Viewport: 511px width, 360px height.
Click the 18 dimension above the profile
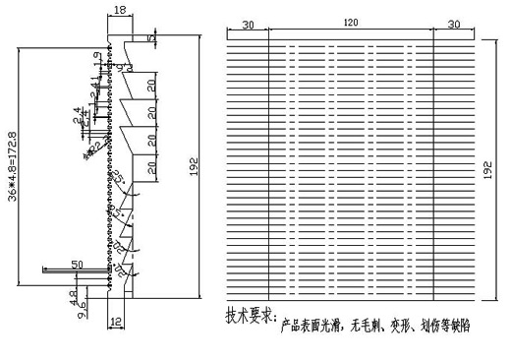(x=120, y=10)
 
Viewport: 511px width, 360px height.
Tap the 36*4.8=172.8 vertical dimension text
(x=12, y=163)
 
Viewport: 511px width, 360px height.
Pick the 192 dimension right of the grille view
(x=488, y=169)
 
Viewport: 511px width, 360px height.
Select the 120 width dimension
(x=351, y=23)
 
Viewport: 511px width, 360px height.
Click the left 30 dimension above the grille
(x=247, y=23)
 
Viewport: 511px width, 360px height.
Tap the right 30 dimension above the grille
(x=455, y=23)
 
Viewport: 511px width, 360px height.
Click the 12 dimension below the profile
(x=116, y=321)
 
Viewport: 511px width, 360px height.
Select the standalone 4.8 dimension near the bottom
(x=73, y=295)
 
